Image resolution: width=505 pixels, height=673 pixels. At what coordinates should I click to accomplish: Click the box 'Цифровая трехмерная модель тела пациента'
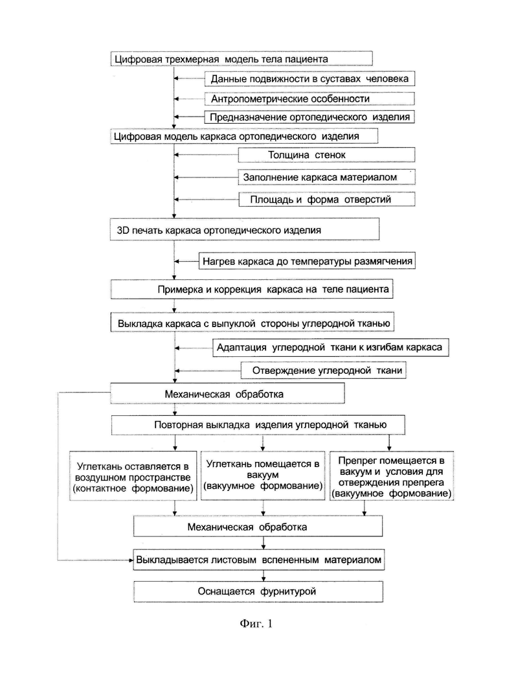coord(241,59)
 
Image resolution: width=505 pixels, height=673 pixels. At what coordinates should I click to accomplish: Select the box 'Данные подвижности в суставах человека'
coord(309,79)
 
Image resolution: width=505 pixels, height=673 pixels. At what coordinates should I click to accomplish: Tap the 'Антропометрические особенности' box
coord(309,98)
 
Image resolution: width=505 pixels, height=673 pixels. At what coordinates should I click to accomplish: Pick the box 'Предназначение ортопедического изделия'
coord(309,117)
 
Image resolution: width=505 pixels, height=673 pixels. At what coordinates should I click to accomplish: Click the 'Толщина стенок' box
coord(326,155)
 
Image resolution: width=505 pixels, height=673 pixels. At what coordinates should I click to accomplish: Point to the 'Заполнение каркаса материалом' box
coord(326,177)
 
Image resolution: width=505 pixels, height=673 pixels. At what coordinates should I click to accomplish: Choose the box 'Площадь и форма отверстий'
coord(326,200)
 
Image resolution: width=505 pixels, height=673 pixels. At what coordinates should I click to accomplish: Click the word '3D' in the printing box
coord(123,231)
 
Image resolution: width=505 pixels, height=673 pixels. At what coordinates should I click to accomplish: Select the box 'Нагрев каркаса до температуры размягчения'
coord(307,261)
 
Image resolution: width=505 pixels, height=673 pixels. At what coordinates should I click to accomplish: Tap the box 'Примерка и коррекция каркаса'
coord(252,290)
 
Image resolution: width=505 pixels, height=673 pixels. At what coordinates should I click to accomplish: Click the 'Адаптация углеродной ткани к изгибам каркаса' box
coord(330,347)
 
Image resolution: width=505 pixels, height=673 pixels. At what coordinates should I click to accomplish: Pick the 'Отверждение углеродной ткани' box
coord(323,371)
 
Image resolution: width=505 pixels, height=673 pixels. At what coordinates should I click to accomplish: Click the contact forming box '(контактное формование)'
coord(133,475)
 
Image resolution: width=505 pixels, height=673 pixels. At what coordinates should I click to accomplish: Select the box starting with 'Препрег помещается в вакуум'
coord(391,475)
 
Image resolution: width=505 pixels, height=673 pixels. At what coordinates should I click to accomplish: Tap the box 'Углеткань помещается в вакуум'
coord(263,475)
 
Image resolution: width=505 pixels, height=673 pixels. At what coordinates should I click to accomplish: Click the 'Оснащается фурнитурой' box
coord(258,591)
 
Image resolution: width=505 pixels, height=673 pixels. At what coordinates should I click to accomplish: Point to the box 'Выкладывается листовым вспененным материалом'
coord(258,560)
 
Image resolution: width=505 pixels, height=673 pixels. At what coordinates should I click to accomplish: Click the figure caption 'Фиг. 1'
coord(256,623)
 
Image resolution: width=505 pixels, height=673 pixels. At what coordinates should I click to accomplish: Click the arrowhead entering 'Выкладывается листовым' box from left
coord(131,560)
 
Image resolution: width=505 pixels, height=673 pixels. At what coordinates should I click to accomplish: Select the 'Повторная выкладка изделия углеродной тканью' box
coord(258,425)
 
